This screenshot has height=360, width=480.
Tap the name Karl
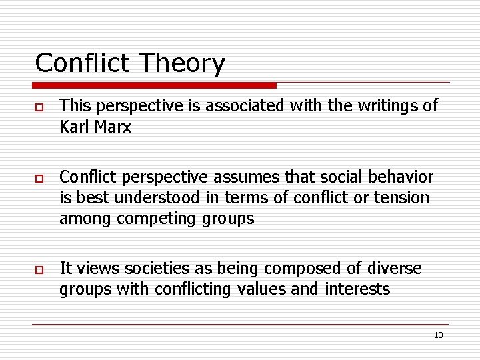pos(74,127)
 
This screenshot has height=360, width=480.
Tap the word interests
pos(357,289)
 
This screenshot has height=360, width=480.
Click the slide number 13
pos(438,335)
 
